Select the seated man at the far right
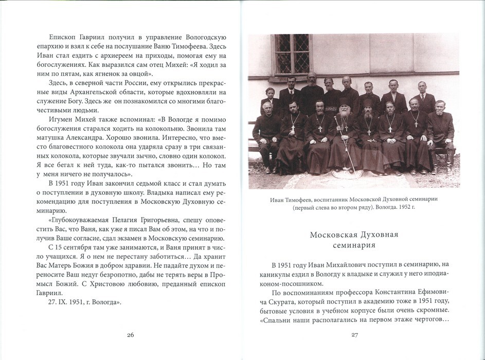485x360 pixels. coord(440,131)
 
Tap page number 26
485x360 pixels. coord(130,335)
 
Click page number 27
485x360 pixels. coord(354,335)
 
